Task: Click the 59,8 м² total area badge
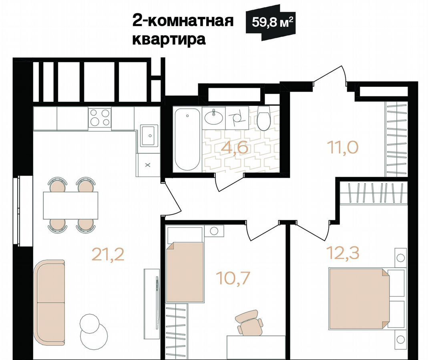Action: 270,23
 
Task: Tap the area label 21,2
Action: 108,254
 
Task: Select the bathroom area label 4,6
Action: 235,148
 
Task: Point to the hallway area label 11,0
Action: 343,147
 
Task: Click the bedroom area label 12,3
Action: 343,253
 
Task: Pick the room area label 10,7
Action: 233,278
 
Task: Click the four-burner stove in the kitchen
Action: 100,118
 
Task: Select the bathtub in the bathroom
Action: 187,139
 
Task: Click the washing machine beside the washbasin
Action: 237,118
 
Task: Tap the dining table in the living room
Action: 71,205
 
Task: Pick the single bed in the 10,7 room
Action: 185,272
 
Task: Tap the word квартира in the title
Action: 169,39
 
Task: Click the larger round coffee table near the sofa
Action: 94,336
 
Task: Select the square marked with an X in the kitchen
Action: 148,165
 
